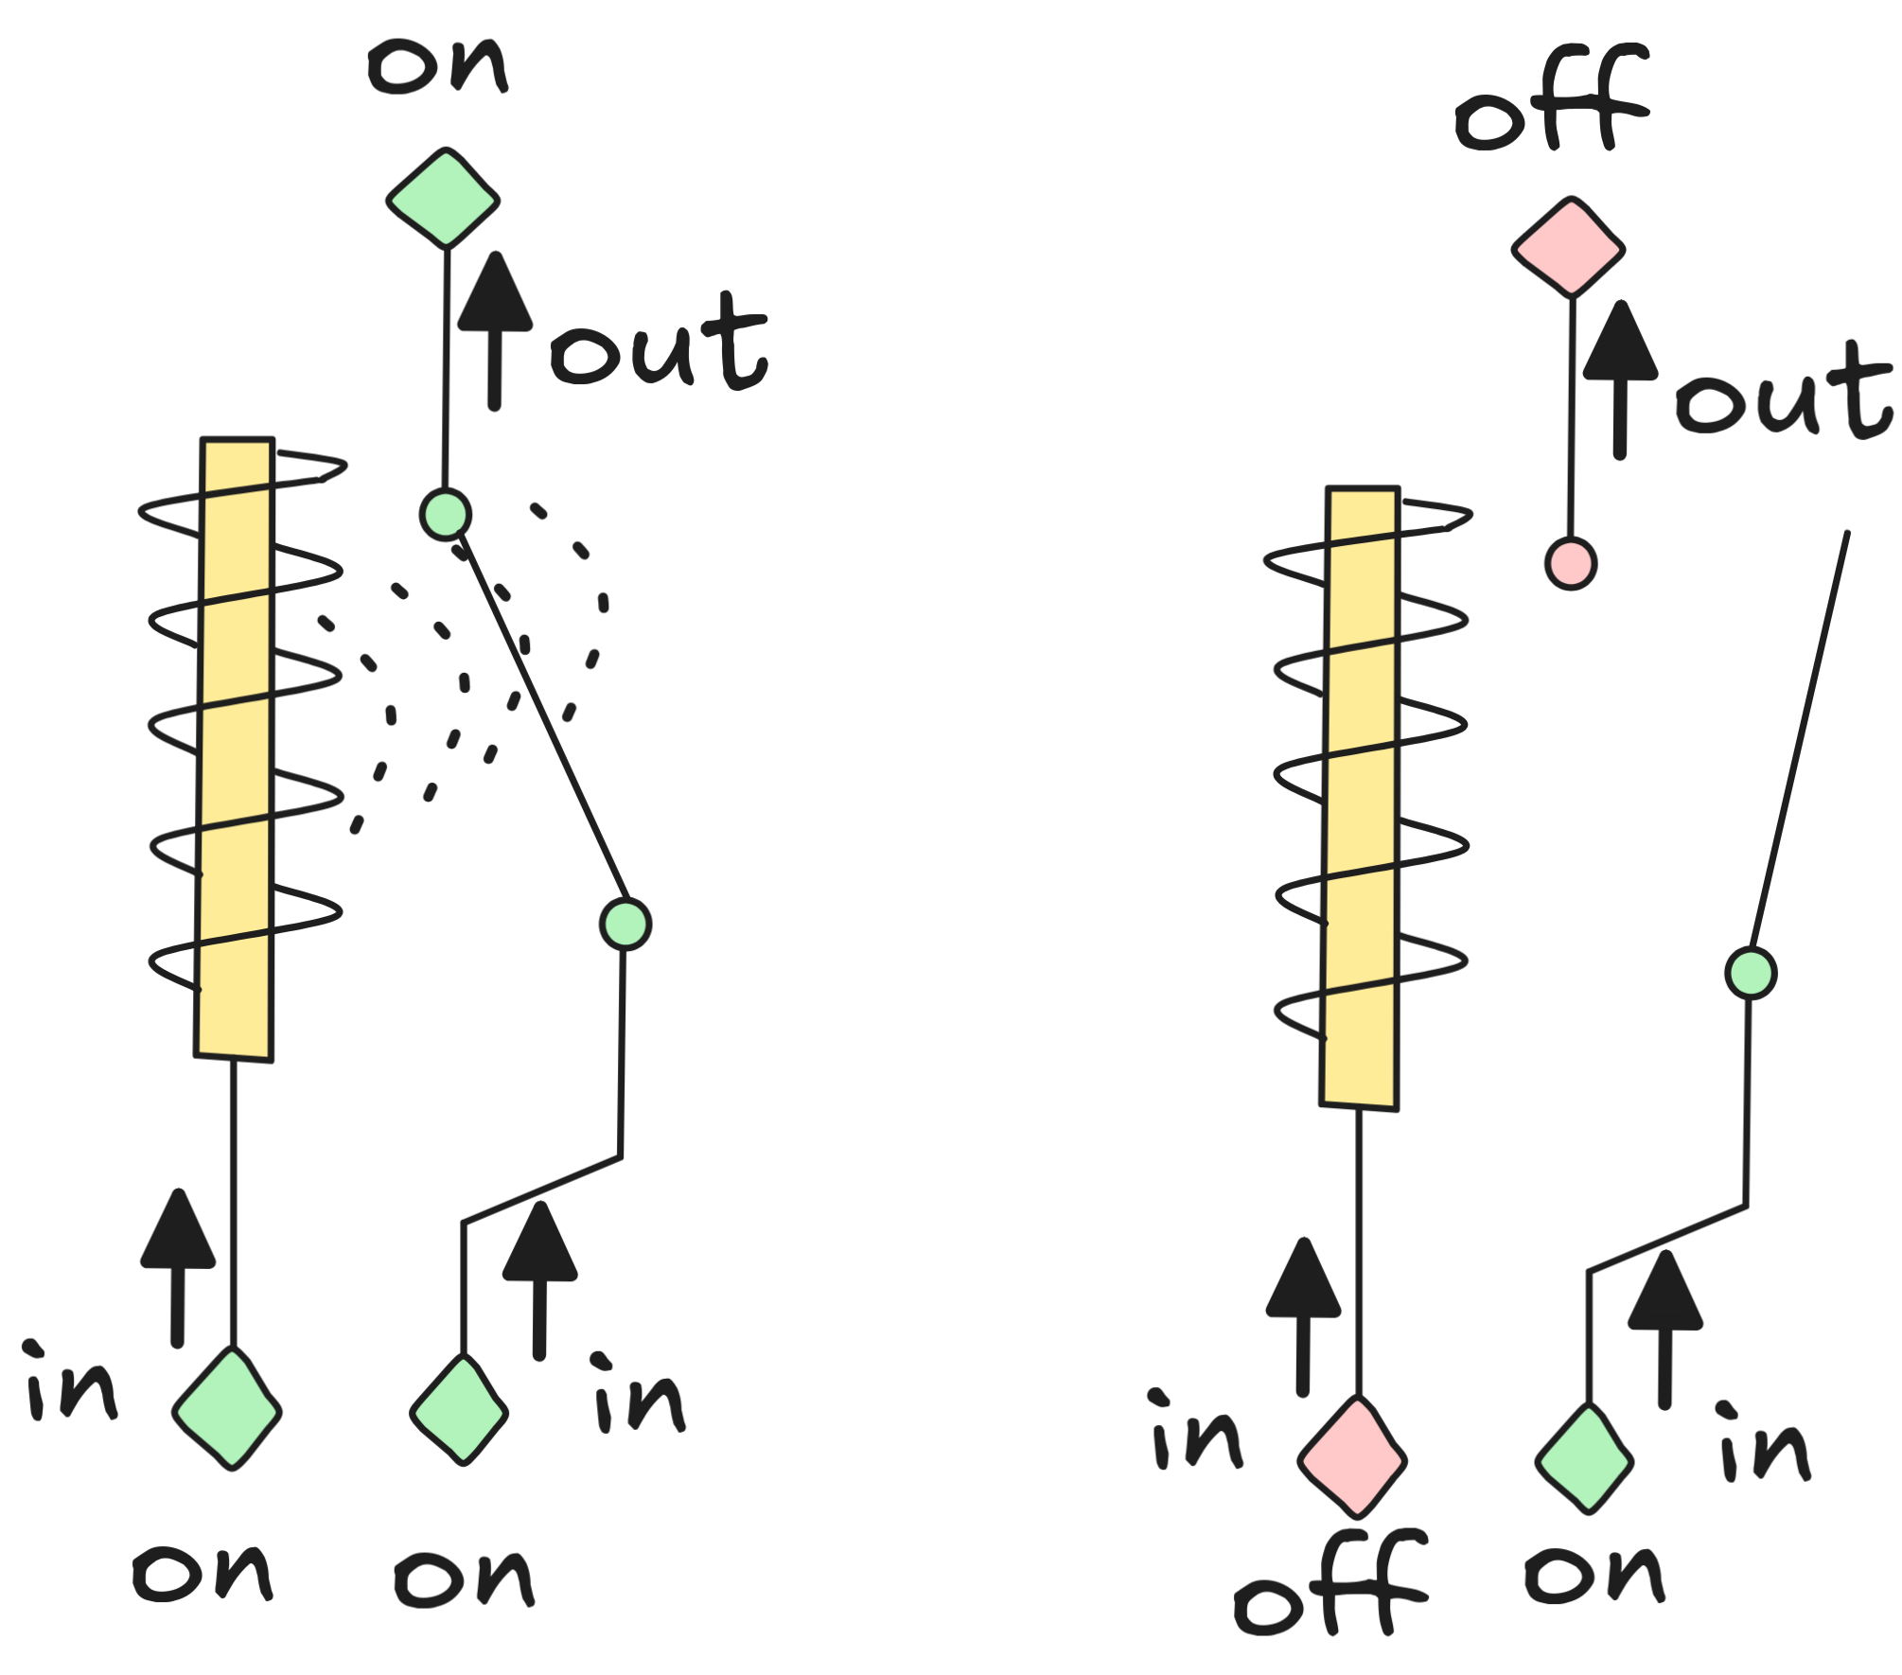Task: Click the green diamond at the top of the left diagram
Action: click(x=443, y=199)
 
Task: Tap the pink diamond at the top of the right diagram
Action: click(x=1568, y=248)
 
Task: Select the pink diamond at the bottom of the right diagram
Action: click(x=1352, y=1457)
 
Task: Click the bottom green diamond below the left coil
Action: click(x=227, y=1409)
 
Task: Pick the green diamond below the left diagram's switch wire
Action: click(x=459, y=1410)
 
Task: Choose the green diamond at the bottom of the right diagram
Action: click(x=1584, y=1458)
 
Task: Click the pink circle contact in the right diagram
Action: click(x=1571, y=564)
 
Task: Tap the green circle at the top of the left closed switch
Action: click(x=445, y=515)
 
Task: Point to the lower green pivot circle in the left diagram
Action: click(x=625, y=924)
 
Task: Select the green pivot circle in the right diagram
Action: click(x=1751, y=973)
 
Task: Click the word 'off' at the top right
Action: click(x=1552, y=99)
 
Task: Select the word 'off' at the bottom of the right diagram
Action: click(x=1330, y=1583)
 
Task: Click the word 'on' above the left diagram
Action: click(x=438, y=66)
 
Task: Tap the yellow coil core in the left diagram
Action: click(x=236, y=748)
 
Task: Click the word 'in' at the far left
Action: click(x=72, y=1384)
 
